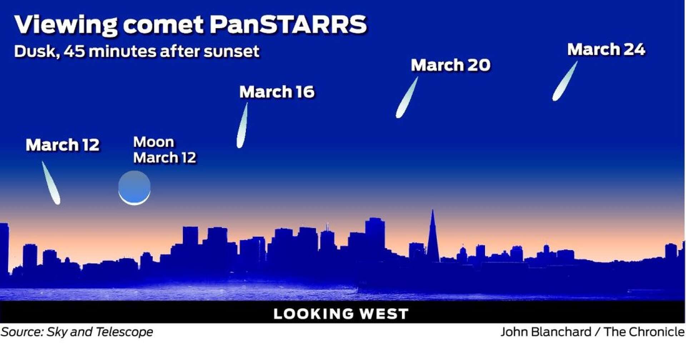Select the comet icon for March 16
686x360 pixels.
tap(242, 126)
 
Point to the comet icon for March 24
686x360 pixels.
tap(565, 82)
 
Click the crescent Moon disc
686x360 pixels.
tap(134, 188)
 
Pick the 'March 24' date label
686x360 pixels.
tap(606, 49)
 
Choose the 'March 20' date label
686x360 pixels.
tap(450, 65)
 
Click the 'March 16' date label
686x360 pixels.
tap(277, 92)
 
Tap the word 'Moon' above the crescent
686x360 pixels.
tap(154, 142)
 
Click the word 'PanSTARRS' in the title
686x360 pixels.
tap(288, 24)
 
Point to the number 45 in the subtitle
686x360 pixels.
tap(74, 51)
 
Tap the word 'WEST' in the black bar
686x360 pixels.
tap(384, 314)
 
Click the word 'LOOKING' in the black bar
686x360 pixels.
tap(313, 314)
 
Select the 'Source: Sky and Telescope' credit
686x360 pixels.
tap(77, 332)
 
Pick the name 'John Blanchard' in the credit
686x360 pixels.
tap(546, 332)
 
